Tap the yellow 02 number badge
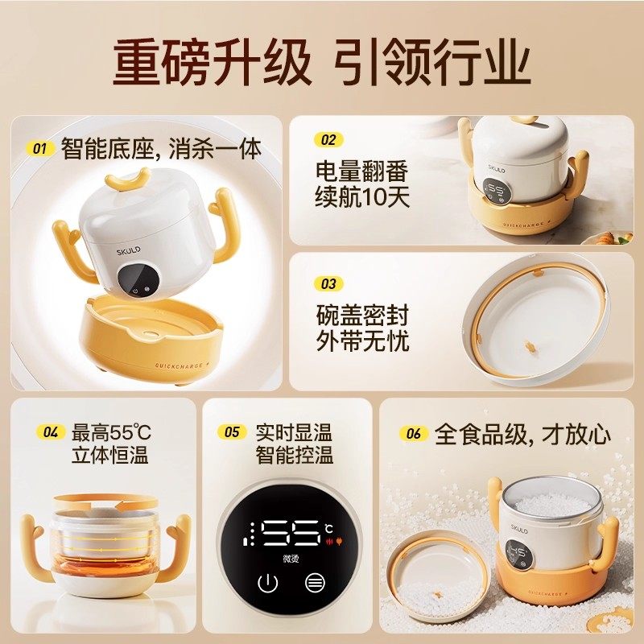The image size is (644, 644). click(x=328, y=139)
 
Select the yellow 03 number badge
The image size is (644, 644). click(x=328, y=283)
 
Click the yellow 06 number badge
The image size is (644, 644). click(x=414, y=434)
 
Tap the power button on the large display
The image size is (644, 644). click(x=266, y=584)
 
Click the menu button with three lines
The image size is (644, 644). click(x=315, y=584)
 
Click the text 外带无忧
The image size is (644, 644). click(x=362, y=340)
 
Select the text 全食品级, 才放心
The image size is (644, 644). click(x=522, y=435)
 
